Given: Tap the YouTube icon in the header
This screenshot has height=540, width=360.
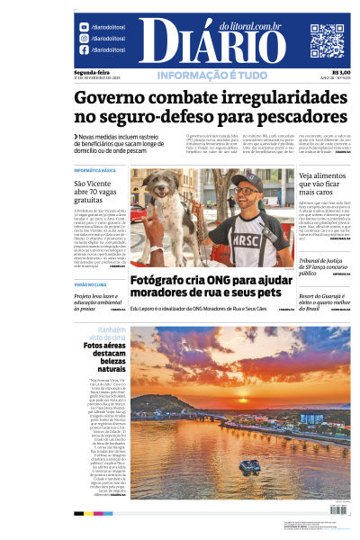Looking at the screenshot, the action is (x=84, y=27).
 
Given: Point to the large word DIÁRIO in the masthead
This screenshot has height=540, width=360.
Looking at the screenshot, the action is (x=212, y=42).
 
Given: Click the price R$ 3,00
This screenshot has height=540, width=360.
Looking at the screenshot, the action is (x=341, y=73).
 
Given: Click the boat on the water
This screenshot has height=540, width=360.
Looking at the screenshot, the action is (x=251, y=465).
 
